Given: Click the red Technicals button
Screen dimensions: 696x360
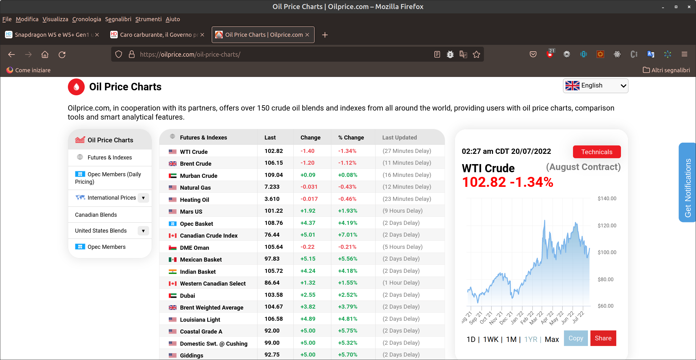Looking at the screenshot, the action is [x=597, y=152].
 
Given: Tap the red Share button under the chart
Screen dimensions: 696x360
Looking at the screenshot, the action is [x=603, y=338].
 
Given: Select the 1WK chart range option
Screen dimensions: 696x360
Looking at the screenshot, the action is [x=491, y=339].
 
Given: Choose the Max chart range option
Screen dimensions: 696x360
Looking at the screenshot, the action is [x=552, y=339].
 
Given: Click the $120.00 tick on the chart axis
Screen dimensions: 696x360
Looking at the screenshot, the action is [x=607, y=225].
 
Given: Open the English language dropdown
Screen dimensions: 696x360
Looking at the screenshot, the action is [x=595, y=86].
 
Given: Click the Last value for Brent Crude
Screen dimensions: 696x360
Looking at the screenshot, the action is [x=274, y=163].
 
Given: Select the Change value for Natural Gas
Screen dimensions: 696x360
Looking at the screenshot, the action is [x=309, y=187].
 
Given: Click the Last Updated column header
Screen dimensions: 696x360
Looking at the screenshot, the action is [x=400, y=137].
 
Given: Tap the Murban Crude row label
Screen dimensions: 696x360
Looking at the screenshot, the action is [x=199, y=176].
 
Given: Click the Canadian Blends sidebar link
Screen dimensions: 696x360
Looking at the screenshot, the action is [x=96, y=215].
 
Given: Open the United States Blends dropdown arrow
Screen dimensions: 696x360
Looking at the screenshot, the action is [x=143, y=231].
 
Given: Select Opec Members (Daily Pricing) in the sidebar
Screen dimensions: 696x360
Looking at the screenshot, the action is [x=108, y=178].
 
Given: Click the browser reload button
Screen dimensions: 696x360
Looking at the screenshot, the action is [x=62, y=54].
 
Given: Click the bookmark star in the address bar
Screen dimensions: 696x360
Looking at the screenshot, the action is [x=476, y=54].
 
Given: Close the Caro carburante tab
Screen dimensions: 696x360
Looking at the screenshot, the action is [x=202, y=35].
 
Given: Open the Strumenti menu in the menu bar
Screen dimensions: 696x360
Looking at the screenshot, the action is [x=149, y=19].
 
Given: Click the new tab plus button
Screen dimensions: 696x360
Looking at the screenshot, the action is [x=325, y=35].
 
